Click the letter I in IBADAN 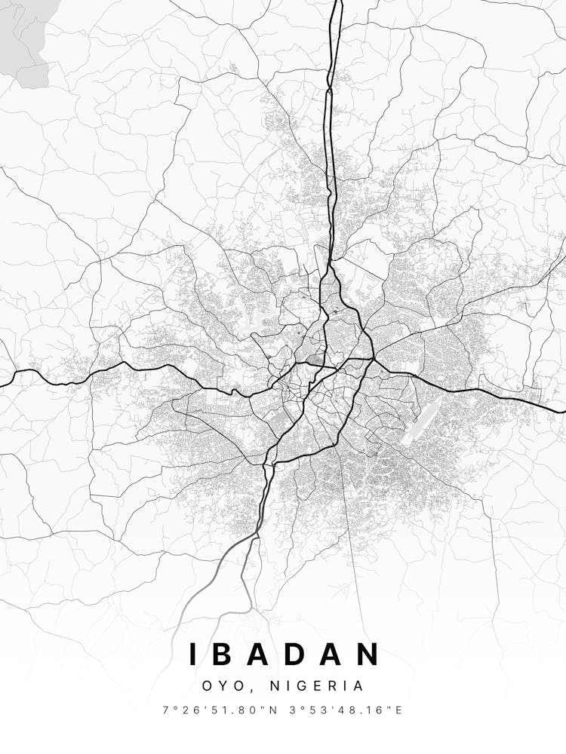[x=193, y=654]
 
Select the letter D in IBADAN [x=300, y=654]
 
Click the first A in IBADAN [x=264, y=654]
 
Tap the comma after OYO [x=242, y=690]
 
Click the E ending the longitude [x=399, y=710]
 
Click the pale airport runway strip [x=420, y=421]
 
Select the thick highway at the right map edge [x=563, y=411]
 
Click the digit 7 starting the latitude [x=165, y=710]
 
